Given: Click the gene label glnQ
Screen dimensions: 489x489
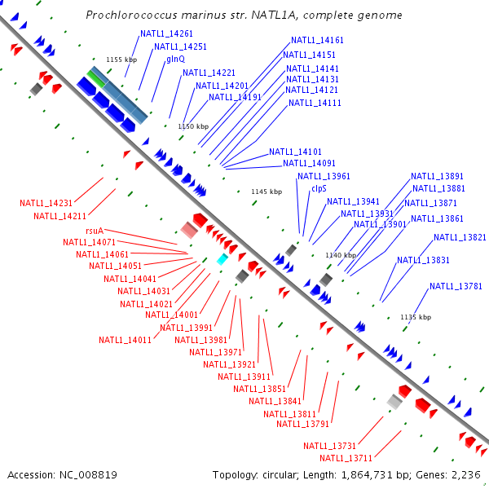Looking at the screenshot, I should point(175,59).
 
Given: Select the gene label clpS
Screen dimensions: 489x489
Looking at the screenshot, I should point(319,188).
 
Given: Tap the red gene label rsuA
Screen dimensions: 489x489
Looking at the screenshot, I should point(94,231).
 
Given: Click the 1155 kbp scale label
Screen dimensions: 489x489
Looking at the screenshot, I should point(122,59).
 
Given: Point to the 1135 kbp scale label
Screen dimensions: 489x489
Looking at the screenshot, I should point(416,317).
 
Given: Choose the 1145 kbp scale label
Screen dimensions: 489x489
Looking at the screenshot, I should point(267,192).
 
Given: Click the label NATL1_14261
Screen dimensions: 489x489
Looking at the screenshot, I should point(166,33).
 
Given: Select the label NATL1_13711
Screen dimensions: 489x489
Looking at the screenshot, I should point(346,458).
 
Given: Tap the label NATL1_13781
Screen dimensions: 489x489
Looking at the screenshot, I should point(456,286).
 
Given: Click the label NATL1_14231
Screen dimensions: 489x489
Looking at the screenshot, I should point(46,203).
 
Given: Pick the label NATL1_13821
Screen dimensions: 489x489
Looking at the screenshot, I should point(460,237).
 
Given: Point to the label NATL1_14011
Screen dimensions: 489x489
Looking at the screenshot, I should point(126,340).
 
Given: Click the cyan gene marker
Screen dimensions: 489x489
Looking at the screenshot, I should point(222,259).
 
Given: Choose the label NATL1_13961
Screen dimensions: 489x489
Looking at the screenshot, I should point(324,176).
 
